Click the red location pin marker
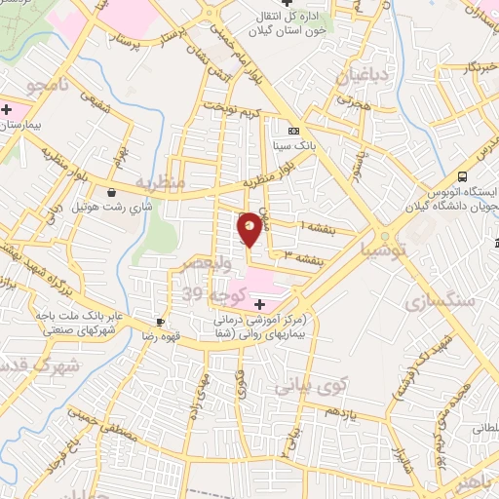(249, 228)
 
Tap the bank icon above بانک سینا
(293, 131)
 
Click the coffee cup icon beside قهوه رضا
(161, 323)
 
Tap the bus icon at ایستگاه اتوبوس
(462, 176)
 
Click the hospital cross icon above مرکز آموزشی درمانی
(258, 305)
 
